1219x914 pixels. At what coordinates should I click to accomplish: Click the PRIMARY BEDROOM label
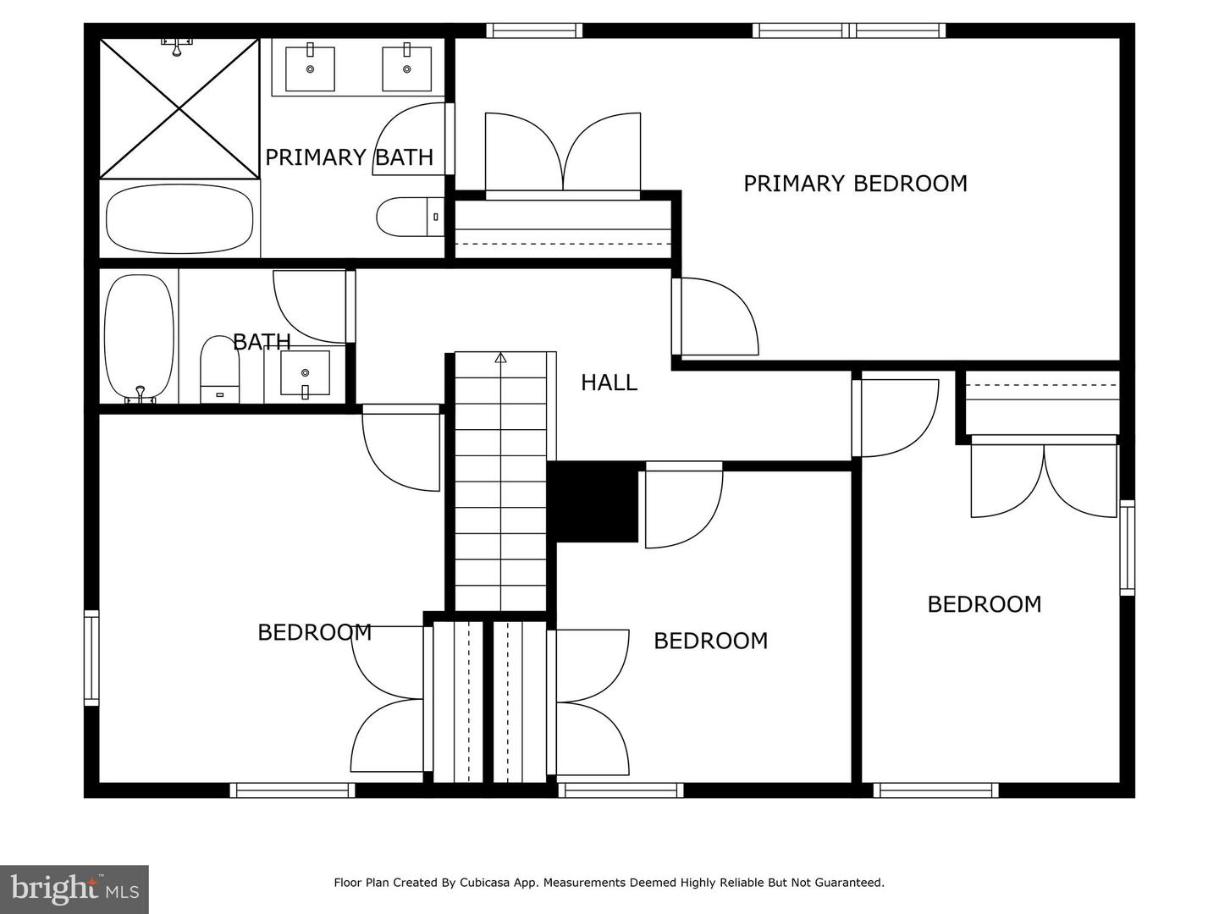coord(855,184)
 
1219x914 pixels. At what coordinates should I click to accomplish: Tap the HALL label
coord(609,383)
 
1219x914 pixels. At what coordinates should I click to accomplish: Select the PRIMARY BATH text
coord(349,157)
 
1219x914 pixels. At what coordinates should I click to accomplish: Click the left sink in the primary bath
coord(310,69)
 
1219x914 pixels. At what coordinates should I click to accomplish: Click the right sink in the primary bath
coord(407,69)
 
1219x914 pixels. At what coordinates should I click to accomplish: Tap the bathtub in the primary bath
coord(179,219)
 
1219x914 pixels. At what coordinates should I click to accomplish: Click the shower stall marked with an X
coord(179,108)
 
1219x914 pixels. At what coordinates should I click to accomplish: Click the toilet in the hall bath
coord(220,370)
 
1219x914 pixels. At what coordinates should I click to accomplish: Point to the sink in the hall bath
coord(305,373)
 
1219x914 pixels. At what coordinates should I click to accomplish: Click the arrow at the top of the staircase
coord(500,358)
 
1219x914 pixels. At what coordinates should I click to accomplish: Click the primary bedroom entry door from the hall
coord(717,317)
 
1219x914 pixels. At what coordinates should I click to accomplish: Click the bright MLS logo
coord(74,889)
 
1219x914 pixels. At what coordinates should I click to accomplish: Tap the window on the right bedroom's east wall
coord(1127,547)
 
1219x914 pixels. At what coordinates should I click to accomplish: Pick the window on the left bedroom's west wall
coord(91,658)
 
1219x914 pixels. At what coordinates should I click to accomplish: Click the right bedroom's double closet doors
coord(1044,479)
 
